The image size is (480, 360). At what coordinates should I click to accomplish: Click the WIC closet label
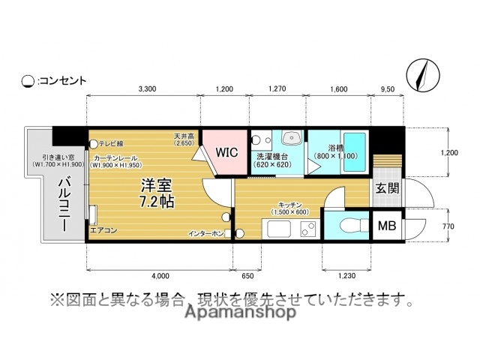[226, 151]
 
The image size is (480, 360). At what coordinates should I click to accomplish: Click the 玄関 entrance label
[387, 189]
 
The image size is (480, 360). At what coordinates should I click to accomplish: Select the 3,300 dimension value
[147, 89]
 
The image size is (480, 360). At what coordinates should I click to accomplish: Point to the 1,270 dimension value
[277, 89]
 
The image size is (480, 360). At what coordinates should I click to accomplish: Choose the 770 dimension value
[448, 224]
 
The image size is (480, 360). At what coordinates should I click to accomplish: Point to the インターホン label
[206, 234]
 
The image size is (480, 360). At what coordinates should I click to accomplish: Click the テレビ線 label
[110, 143]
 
